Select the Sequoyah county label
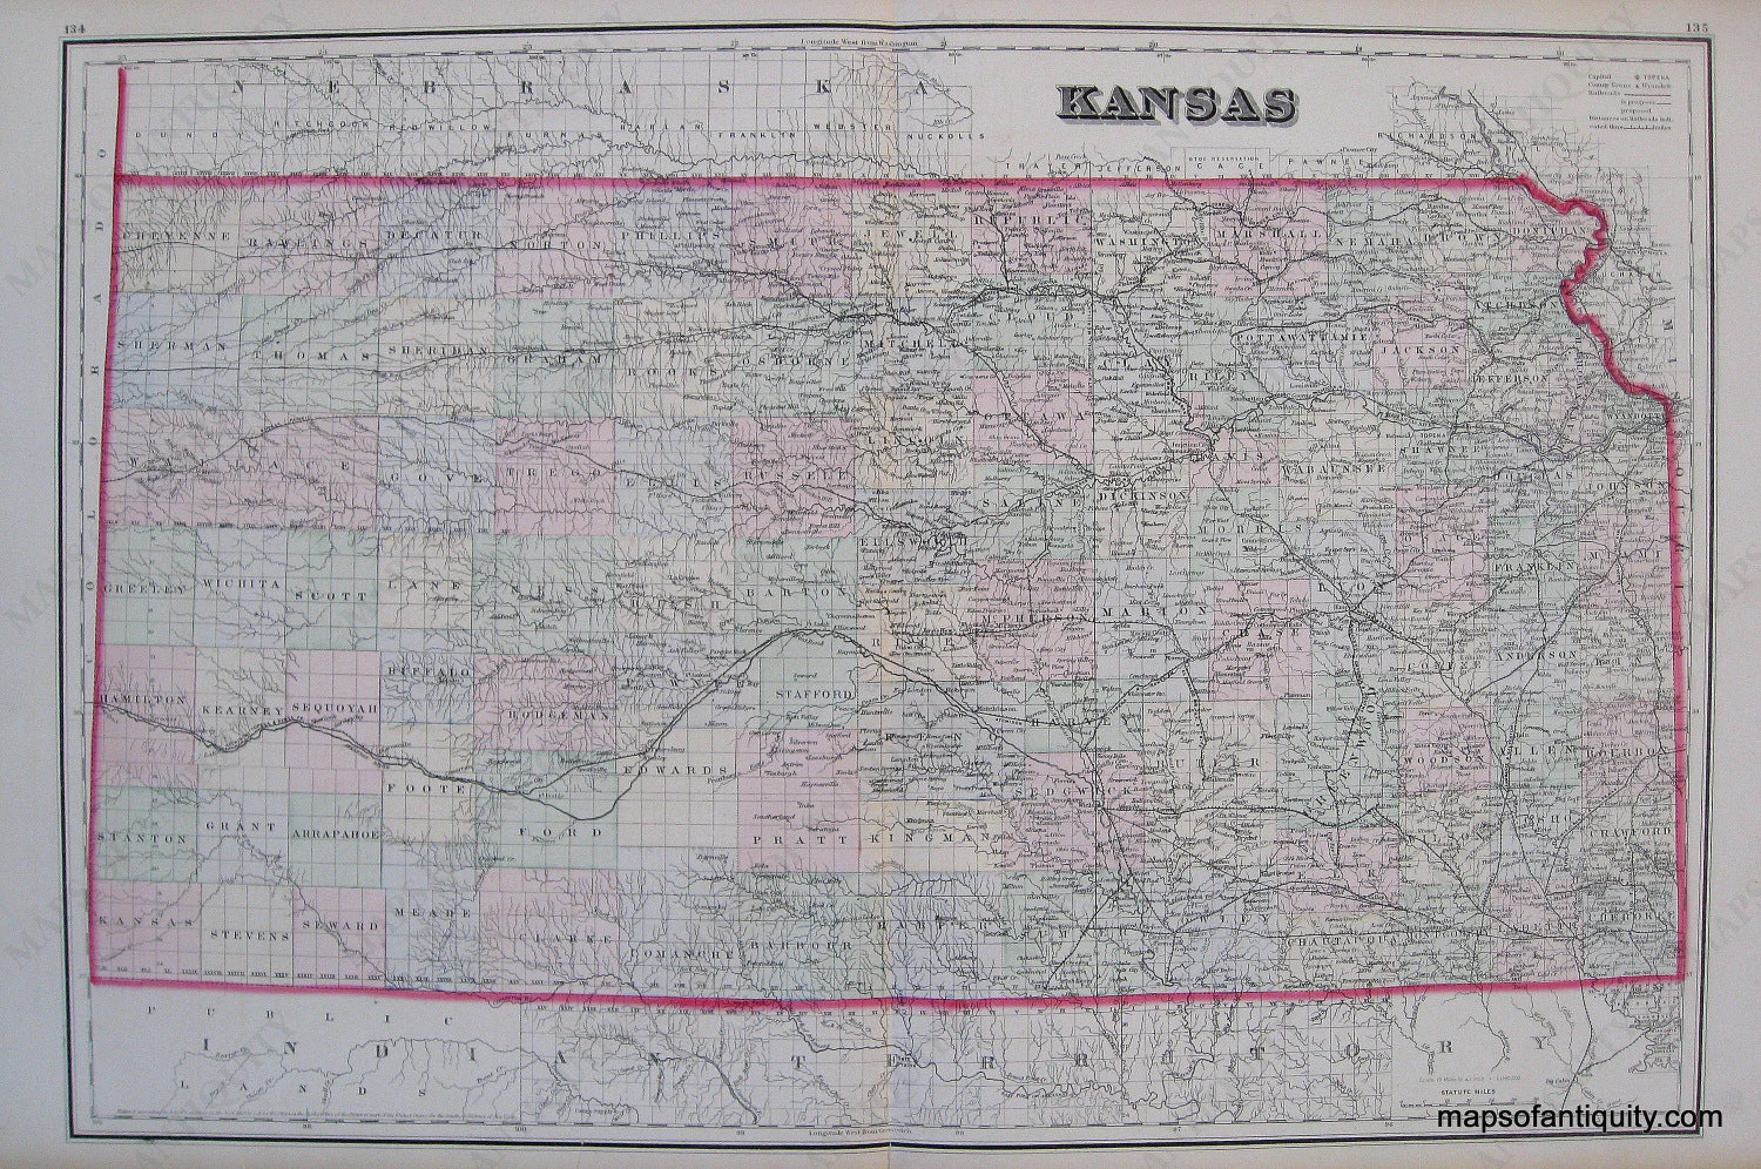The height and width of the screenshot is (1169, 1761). coord(336,707)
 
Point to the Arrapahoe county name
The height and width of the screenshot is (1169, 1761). coord(336,833)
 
